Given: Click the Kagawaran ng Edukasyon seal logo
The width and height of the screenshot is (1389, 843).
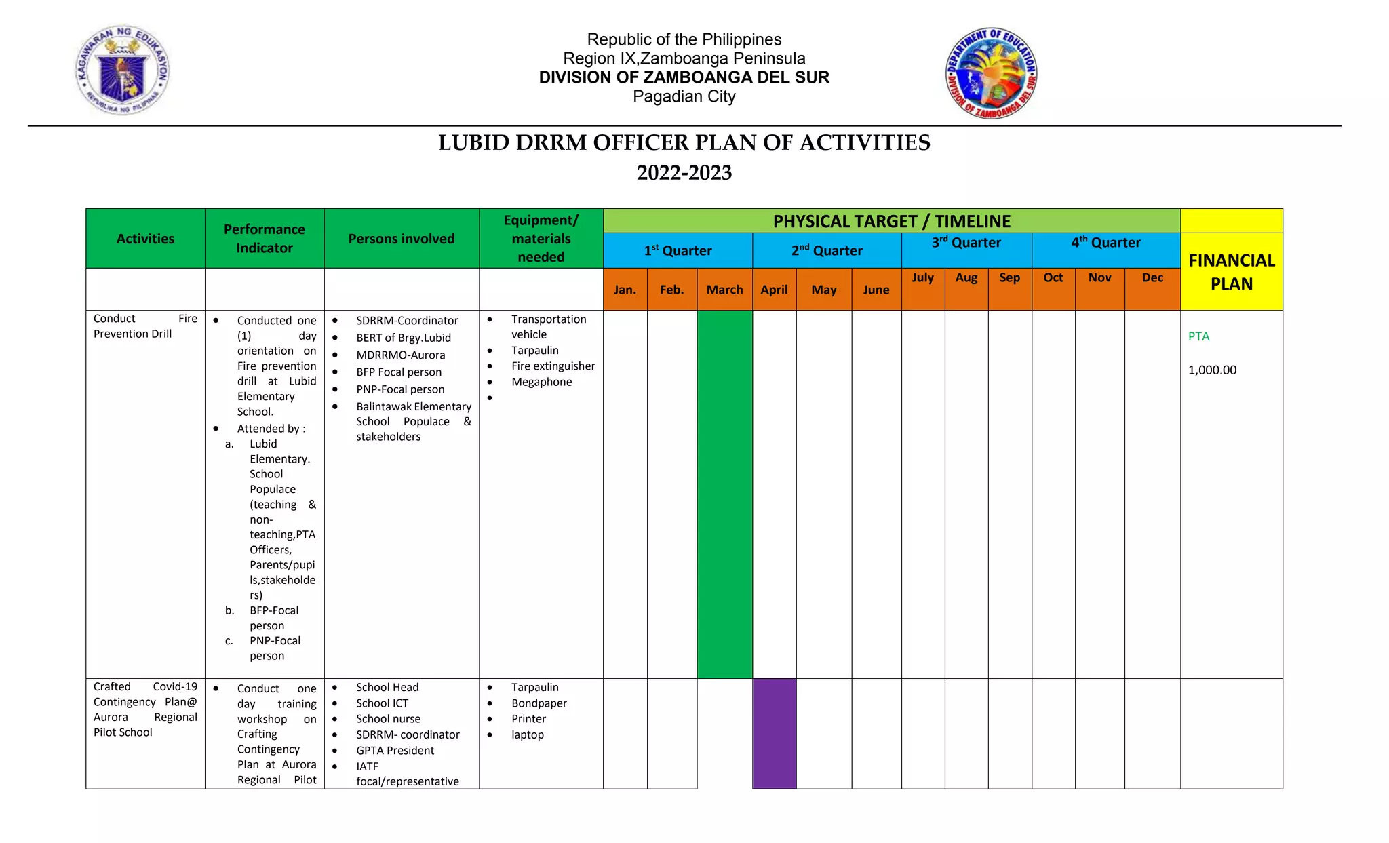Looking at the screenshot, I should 122,71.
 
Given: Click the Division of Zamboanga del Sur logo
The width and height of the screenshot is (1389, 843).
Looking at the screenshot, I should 992,73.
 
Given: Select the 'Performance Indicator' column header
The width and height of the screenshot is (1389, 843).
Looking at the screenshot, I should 265,239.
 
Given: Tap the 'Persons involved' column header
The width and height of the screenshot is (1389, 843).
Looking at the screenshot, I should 402,239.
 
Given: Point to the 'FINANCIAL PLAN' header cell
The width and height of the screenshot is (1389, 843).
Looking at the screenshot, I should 1232,272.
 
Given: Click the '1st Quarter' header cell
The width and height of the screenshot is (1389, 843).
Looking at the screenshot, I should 678,251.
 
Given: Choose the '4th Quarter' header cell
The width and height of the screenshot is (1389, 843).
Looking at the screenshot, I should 1106,243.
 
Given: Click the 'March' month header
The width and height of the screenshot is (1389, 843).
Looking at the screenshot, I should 724,290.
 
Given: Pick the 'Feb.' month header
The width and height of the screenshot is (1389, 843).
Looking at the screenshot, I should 671,290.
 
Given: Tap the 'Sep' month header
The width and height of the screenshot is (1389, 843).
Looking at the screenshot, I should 1009,277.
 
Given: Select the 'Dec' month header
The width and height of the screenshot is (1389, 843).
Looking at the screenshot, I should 1152,277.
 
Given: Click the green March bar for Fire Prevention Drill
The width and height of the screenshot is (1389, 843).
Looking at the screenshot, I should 724,494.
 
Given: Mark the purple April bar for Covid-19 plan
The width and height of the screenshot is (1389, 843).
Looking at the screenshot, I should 774,733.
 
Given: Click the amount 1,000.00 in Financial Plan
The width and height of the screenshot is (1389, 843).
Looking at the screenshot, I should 1212,370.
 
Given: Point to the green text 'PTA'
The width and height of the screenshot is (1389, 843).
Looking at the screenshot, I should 1198,336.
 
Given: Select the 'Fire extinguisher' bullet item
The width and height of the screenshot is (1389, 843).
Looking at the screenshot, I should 553,366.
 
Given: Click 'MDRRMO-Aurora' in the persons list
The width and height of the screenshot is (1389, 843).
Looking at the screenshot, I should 400,355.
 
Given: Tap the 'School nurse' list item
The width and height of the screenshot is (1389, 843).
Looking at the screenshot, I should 388,719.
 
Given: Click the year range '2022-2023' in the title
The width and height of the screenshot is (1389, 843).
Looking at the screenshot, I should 684,173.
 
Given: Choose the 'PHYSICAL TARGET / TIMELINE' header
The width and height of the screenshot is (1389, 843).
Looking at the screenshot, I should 891,221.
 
